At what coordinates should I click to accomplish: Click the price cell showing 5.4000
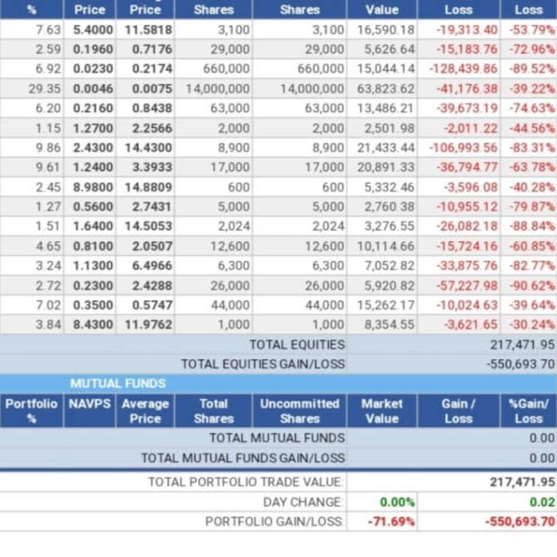point(93,30)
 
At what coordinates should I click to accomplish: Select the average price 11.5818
point(145,30)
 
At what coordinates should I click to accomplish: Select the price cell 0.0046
point(93,89)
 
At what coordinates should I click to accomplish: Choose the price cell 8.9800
point(93,187)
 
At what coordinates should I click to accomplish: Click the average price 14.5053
point(145,227)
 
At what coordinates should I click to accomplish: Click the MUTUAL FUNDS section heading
point(118,383)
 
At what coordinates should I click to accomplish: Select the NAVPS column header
point(89,404)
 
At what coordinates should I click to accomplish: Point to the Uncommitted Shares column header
point(299,411)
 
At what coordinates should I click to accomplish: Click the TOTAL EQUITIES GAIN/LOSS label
point(263,364)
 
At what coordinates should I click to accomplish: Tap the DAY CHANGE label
point(302,502)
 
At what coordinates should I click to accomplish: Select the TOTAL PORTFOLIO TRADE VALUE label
point(246,482)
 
